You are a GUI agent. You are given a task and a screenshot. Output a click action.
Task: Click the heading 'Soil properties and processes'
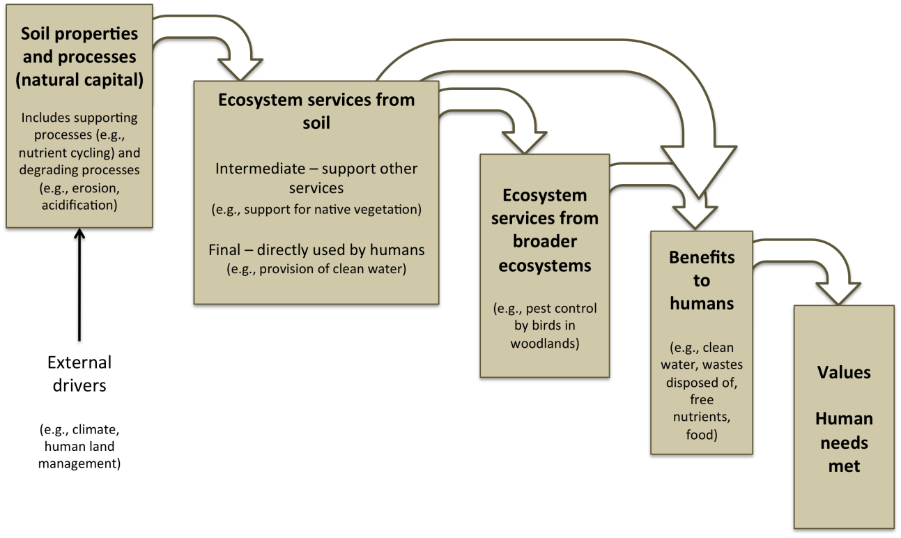(x=79, y=45)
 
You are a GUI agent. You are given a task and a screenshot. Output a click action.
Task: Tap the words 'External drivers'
(x=79, y=374)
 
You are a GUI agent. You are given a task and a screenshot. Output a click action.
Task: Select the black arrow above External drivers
(x=79, y=284)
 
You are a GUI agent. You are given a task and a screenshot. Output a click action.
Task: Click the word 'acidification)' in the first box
(x=79, y=205)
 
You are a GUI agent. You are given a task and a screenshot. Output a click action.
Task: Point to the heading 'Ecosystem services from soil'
(x=316, y=111)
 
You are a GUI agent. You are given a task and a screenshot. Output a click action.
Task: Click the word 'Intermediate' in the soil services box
(x=260, y=168)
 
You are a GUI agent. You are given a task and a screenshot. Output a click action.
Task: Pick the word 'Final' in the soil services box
(x=224, y=250)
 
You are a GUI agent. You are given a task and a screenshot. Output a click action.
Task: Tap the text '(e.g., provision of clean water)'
(x=316, y=269)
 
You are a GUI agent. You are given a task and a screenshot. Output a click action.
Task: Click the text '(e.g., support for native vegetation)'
(x=316, y=209)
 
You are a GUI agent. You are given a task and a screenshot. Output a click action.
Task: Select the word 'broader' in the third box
(x=545, y=241)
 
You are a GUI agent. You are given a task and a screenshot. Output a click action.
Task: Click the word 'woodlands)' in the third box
(x=545, y=344)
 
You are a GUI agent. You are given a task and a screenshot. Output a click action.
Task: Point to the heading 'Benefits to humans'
(x=702, y=280)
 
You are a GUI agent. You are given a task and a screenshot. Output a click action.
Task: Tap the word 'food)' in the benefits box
(x=702, y=435)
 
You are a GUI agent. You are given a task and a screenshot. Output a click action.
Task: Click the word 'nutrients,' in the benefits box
(x=702, y=417)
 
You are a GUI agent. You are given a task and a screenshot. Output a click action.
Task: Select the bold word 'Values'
(x=844, y=372)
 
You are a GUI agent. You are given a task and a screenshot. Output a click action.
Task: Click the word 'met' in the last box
(x=844, y=466)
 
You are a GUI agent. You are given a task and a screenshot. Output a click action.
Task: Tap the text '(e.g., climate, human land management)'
(x=79, y=446)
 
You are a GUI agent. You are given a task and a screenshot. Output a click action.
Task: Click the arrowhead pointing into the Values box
(x=838, y=293)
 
